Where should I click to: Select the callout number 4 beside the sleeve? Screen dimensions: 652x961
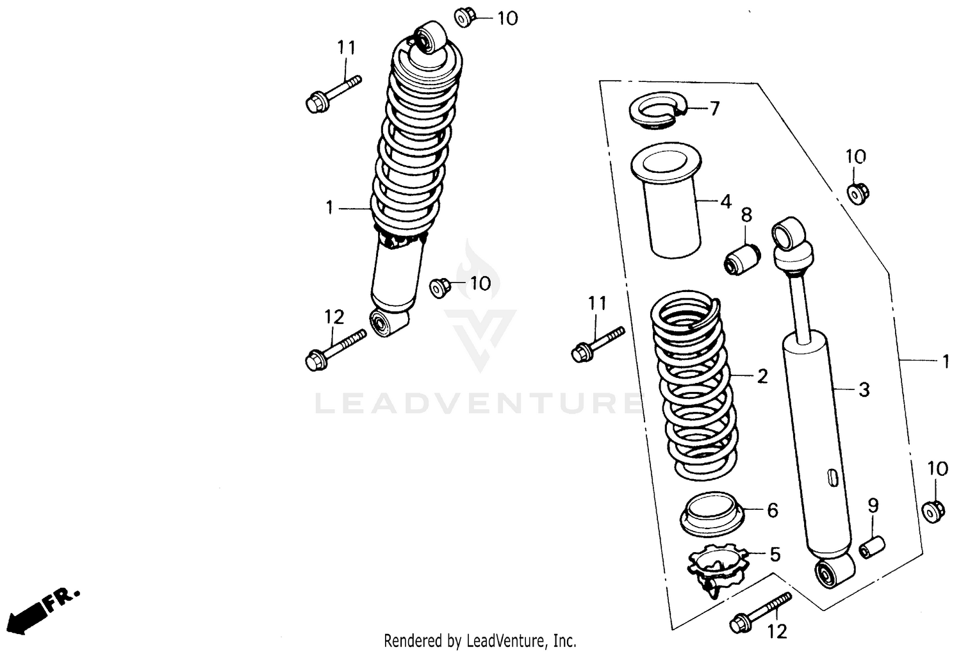(x=725, y=202)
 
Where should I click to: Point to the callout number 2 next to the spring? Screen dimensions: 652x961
(x=762, y=376)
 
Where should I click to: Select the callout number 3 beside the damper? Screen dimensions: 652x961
(x=864, y=389)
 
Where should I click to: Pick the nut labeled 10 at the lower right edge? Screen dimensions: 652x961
(x=933, y=510)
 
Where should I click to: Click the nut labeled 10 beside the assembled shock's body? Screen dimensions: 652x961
(x=439, y=287)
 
